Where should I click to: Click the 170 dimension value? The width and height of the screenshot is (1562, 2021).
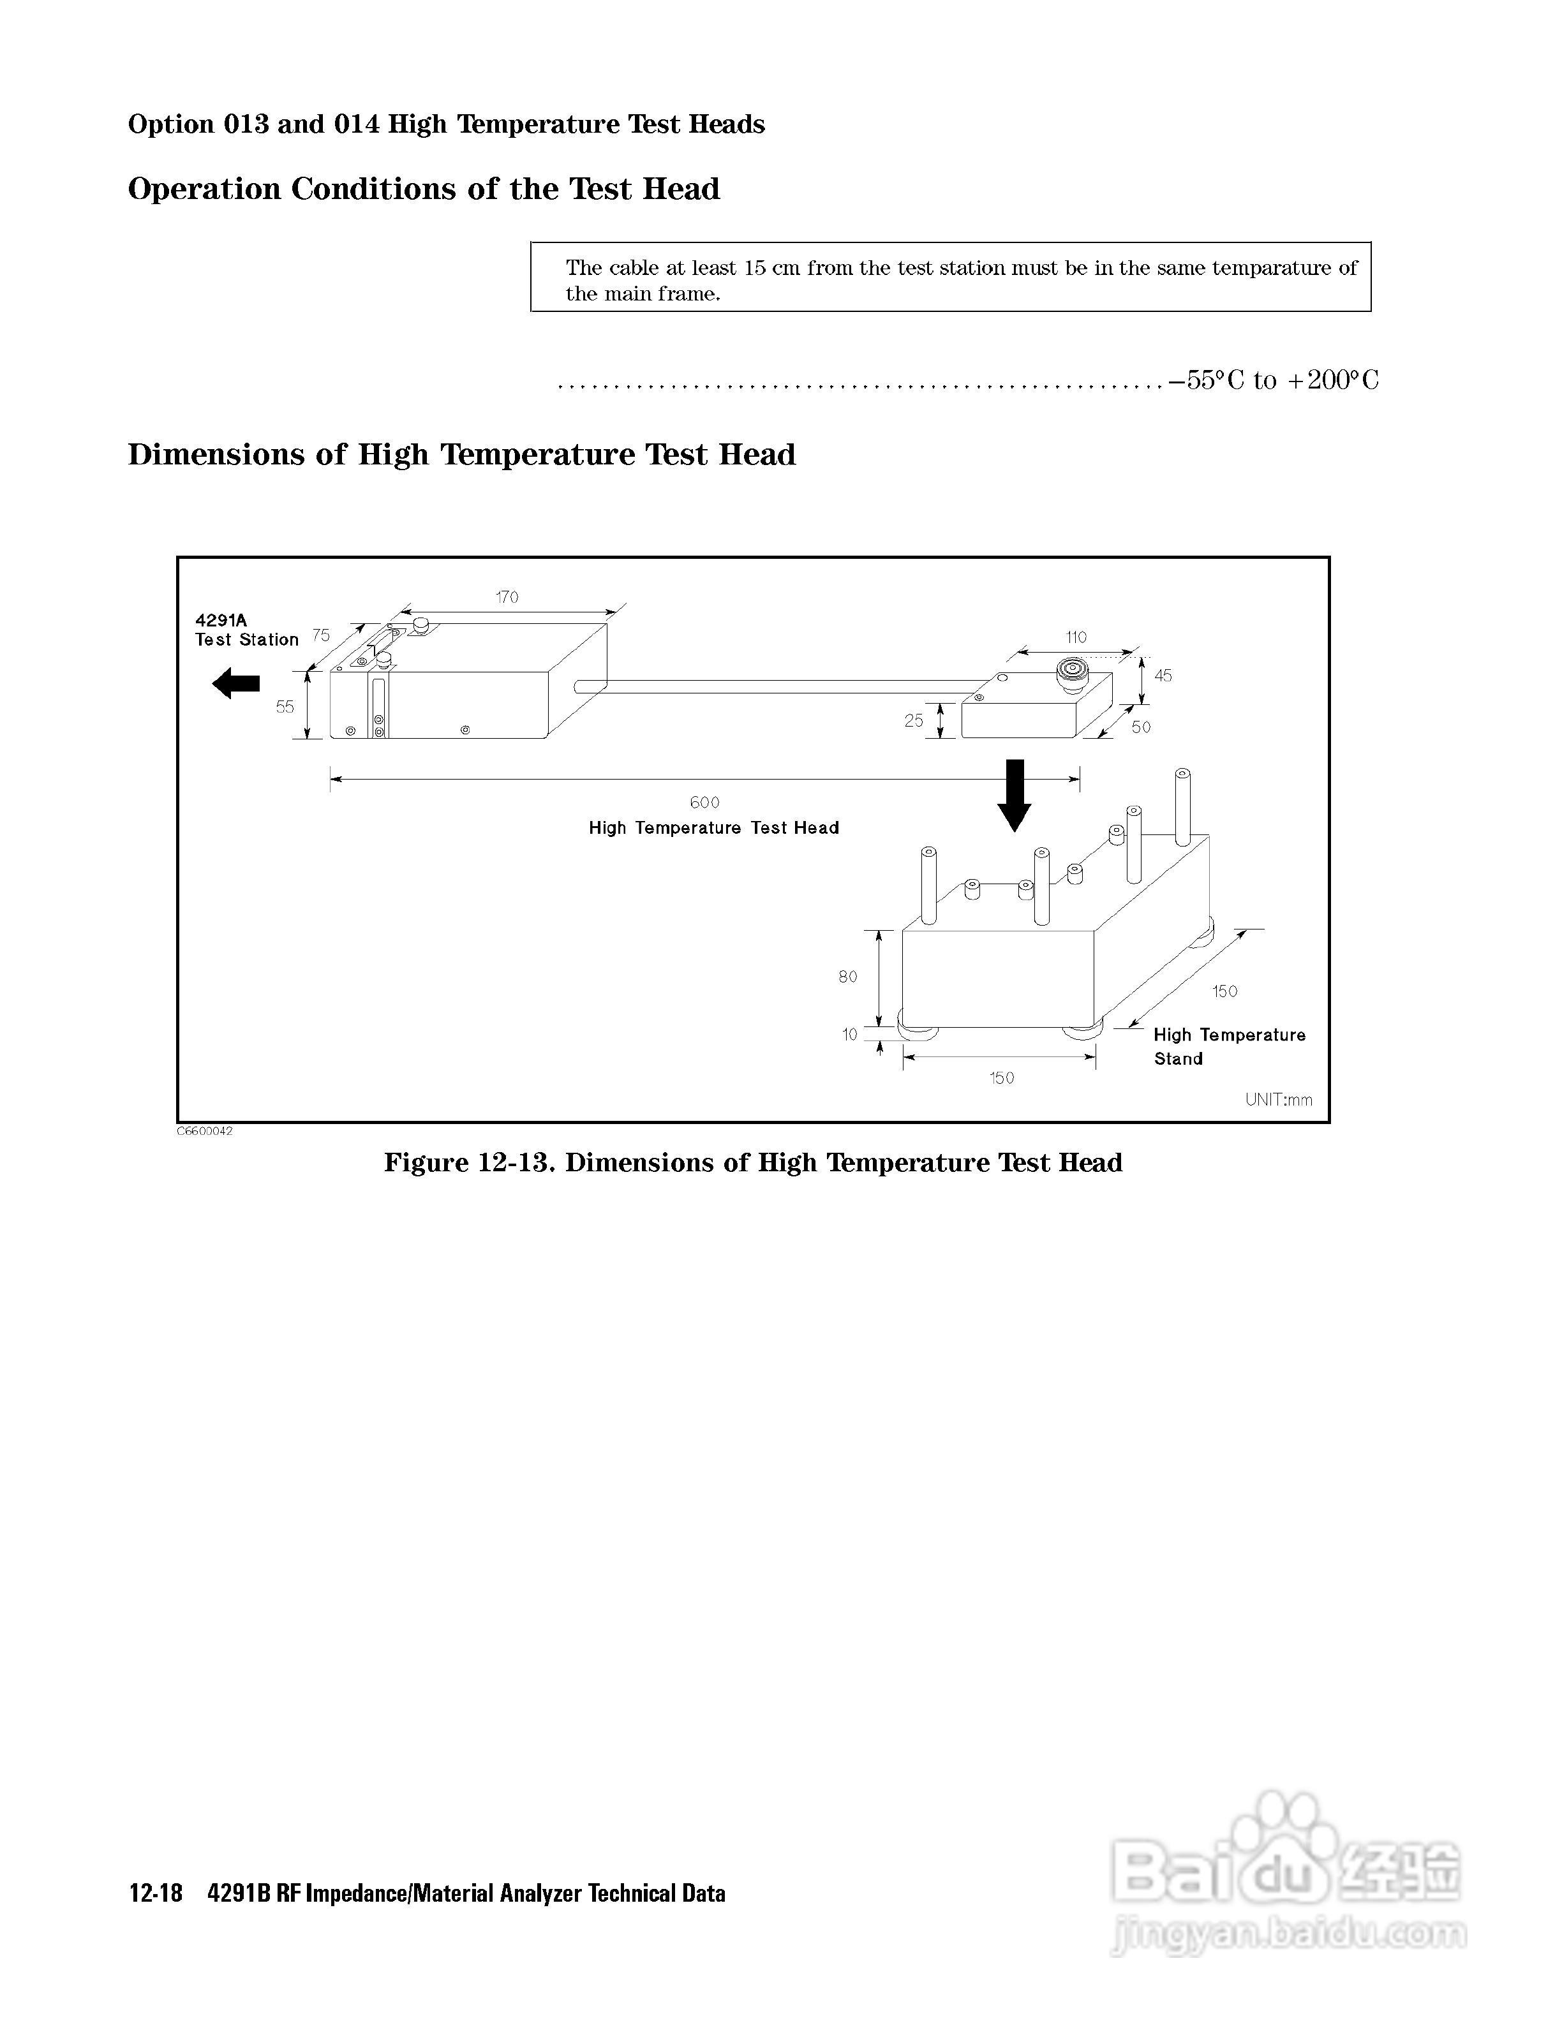pyautogui.click(x=507, y=598)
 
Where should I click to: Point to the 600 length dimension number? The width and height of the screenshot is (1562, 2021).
pyautogui.click(x=704, y=803)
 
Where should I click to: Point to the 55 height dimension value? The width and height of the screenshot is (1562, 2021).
pyautogui.click(x=285, y=707)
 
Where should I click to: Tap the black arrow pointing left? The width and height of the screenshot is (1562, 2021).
pyautogui.click(x=236, y=685)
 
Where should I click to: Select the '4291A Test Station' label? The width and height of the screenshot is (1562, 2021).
pyautogui.click(x=246, y=630)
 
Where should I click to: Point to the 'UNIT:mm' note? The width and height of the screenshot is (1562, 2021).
pyautogui.click(x=1278, y=1100)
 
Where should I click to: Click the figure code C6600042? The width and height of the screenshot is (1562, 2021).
pyautogui.click(x=205, y=1132)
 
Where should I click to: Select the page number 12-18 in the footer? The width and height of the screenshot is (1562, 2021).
pyautogui.click(x=156, y=1894)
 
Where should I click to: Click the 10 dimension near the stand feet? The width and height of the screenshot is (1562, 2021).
pyautogui.click(x=849, y=1035)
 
